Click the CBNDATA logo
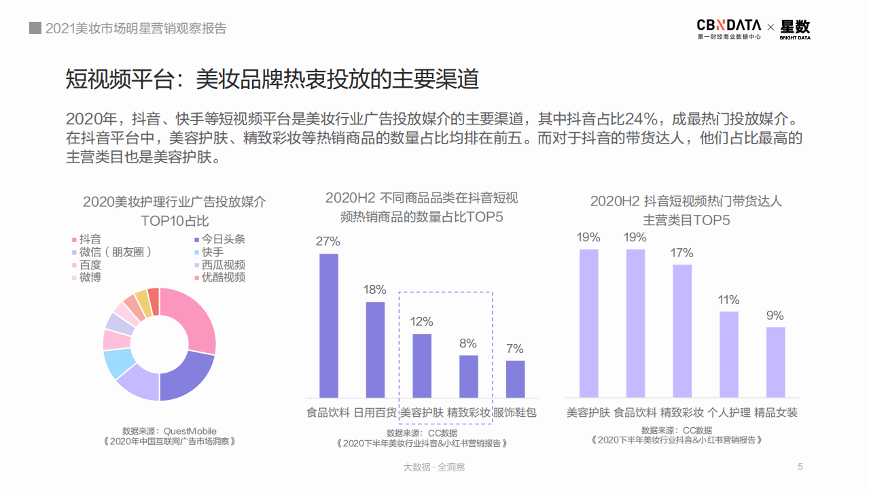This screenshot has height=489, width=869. (x=728, y=28)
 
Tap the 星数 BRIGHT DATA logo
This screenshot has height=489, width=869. (x=795, y=29)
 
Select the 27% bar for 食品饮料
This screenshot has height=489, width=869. (x=329, y=325)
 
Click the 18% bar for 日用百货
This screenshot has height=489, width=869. (x=376, y=350)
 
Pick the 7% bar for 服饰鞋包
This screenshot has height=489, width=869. (x=516, y=379)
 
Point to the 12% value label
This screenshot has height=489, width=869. (x=422, y=322)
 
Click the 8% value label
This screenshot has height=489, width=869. (x=468, y=343)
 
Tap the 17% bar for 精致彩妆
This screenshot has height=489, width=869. (x=682, y=331)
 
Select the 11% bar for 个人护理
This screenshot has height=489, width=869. (x=729, y=354)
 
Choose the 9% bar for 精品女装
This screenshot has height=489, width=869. (x=776, y=362)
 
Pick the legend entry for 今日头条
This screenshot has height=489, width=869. (x=219, y=239)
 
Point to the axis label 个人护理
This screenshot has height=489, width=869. (x=729, y=412)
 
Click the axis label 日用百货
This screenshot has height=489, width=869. (x=376, y=412)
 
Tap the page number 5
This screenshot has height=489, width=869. (x=800, y=467)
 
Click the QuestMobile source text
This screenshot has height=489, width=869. (x=169, y=431)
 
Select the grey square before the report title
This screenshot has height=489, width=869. (x=35, y=28)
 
